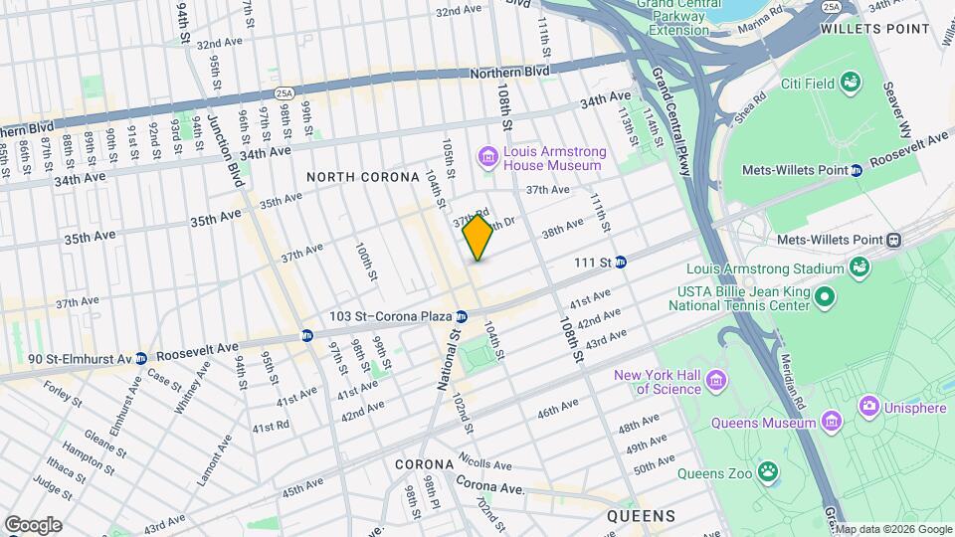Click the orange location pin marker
click(477, 237)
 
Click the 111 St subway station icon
click(621, 263)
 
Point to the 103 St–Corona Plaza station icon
click(462, 316)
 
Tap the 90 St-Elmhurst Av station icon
click(141, 358)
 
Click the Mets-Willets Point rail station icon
click(894, 240)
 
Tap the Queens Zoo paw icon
click(768, 470)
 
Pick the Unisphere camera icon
click(868, 406)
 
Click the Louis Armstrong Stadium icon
click(857, 268)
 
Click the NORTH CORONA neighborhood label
click(363, 177)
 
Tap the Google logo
click(33, 524)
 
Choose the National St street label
click(447, 361)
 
